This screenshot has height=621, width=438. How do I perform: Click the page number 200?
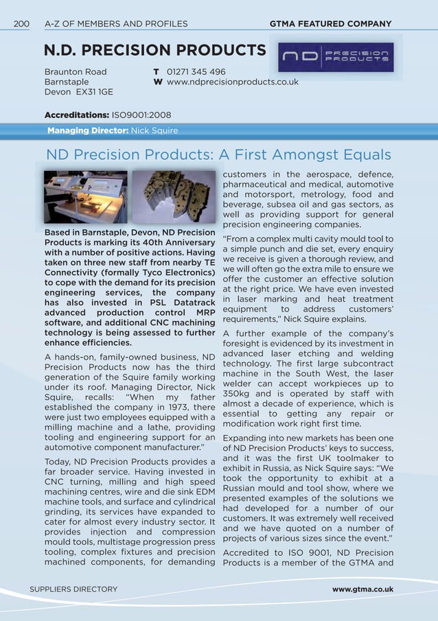tap(21, 24)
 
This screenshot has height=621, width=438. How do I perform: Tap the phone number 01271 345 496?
tap(196, 71)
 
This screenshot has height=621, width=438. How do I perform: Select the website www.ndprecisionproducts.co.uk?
tap(233, 82)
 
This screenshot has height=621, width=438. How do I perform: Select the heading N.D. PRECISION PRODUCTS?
tap(154, 51)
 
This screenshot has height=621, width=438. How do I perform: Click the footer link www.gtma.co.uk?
tap(362, 589)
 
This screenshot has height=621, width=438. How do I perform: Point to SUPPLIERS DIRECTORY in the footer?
tap(73, 589)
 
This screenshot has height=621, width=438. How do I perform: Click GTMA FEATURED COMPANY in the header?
tap(331, 24)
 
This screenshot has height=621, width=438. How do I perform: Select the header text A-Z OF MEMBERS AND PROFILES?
tap(116, 24)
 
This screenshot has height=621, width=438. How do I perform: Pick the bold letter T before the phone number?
tap(157, 71)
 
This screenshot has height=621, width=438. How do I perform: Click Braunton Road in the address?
tap(76, 71)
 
